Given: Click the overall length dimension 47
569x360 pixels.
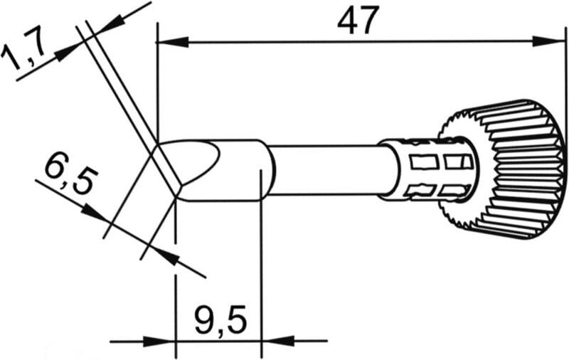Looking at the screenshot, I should (x=356, y=22).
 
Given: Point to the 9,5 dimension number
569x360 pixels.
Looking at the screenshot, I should (x=220, y=320).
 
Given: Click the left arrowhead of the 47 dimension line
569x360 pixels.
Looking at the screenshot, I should (x=166, y=42).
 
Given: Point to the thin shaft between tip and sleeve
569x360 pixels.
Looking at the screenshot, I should (x=327, y=169).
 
